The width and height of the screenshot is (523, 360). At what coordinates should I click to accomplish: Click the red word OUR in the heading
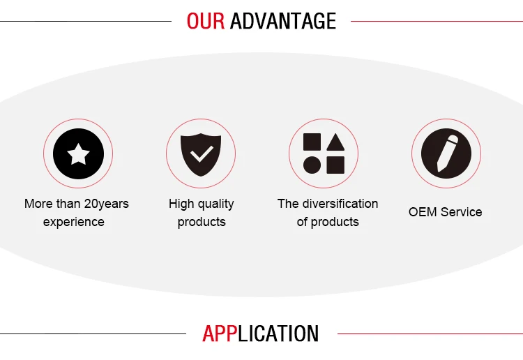(x=206, y=21)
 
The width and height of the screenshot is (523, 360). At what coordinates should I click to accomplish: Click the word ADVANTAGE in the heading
(x=283, y=21)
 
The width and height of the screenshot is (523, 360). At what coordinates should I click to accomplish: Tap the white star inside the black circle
(x=78, y=153)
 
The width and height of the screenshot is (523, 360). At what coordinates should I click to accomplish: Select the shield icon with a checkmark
(x=201, y=154)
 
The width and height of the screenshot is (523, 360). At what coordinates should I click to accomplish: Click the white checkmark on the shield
(x=202, y=153)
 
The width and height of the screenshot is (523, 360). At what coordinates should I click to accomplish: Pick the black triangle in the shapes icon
(x=335, y=142)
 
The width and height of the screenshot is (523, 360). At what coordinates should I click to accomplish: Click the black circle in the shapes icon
(x=312, y=165)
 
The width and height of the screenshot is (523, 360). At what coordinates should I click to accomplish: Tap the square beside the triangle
(x=312, y=142)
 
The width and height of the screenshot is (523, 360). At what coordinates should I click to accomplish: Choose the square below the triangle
(x=335, y=165)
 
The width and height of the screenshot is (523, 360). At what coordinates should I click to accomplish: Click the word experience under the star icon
(x=74, y=222)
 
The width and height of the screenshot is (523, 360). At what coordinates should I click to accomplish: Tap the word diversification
(x=340, y=204)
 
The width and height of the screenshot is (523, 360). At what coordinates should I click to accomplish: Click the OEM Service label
(x=446, y=212)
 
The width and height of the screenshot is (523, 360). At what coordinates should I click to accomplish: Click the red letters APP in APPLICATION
(x=220, y=333)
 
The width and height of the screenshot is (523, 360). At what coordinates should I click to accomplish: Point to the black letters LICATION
(x=278, y=333)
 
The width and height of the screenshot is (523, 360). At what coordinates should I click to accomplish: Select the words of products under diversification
(x=328, y=222)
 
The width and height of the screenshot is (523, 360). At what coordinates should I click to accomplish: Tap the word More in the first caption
(x=38, y=204)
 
